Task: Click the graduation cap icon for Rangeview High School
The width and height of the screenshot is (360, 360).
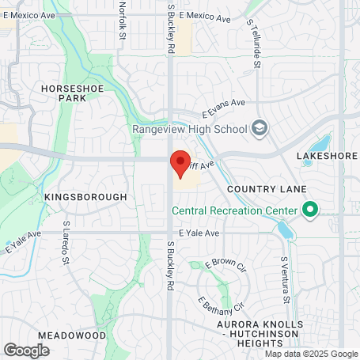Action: pyautogui.click(x=260, y=127)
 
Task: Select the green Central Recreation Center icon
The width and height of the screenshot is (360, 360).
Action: pyautogui.click(x=310, y=210)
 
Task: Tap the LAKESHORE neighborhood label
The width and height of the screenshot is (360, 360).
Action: pyautogui.click(x=327, y=156)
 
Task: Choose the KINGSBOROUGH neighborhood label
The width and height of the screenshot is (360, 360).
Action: pyautogui.click(x=85, y=196)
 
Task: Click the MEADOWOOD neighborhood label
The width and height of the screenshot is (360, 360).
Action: pyautogui.click(x=71, y=335)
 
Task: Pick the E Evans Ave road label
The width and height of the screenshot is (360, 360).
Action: pyautogui.click(x=224, y=108)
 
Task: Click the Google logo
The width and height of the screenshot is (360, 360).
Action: pyautogui.click(x=27, y=350)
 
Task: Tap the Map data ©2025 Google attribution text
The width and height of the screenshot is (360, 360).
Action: pyautogui.click(x=311, y=354)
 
